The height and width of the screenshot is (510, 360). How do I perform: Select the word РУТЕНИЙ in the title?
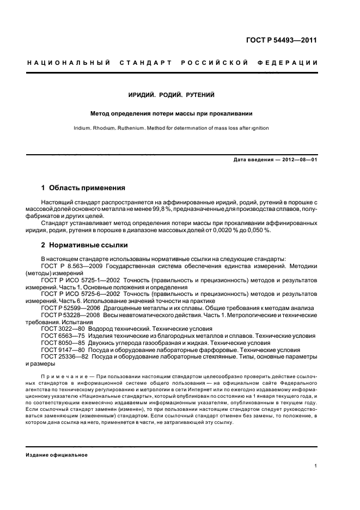coord(200,95)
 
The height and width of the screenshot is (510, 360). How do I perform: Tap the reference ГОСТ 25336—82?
coord(65,357)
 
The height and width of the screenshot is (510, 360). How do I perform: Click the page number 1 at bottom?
coord(316,466)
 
